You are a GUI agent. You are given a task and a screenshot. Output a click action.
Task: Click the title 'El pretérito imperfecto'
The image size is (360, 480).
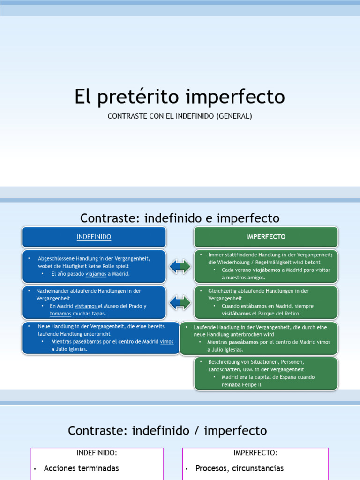180,97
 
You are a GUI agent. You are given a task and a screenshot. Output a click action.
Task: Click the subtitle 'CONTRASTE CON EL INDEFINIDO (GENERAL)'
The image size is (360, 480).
180,116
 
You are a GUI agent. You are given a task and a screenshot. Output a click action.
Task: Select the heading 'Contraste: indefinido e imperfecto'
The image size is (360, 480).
180,218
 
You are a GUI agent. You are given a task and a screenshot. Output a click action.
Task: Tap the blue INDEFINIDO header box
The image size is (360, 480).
94,237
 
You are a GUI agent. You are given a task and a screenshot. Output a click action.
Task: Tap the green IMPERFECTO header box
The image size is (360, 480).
266,237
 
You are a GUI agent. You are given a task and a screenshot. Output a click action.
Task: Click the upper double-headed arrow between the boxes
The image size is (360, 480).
180,266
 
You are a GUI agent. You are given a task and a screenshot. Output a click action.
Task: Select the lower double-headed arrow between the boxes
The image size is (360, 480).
180,302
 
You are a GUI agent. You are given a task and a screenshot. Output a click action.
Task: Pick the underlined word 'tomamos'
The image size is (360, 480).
60,314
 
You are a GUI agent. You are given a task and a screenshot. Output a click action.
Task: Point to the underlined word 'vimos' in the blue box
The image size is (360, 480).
166,342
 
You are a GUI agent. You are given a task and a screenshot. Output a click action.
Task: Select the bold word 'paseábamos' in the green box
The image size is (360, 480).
244,342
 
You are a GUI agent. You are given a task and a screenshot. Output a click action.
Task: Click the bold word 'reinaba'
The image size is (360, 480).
232,385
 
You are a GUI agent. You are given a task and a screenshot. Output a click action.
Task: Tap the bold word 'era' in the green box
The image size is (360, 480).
243,377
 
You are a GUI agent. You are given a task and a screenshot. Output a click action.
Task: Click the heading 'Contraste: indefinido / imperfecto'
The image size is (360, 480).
167,430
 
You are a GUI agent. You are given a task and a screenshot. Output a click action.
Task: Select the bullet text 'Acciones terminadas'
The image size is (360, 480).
81,468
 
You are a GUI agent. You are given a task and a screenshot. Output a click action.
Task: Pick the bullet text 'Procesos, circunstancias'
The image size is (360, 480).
239,468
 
